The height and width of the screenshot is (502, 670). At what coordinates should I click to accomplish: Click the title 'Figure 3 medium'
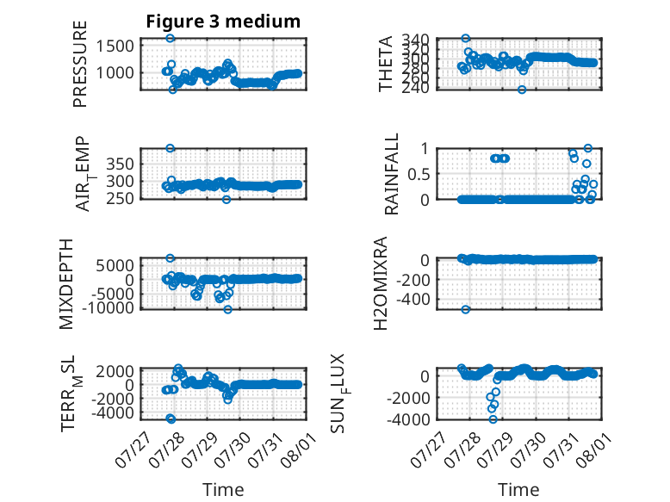pos(223,22)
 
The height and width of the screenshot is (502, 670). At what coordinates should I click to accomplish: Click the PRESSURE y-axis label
pos(80,64)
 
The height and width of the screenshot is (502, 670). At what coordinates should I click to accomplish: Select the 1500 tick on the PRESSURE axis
pos(115,46)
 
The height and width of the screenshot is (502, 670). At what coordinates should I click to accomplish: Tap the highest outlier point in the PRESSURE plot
pos(170,38)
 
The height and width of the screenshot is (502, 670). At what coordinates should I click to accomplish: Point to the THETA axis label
pos(386,64)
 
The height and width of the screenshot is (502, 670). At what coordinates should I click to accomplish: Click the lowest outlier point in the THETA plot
pos(522,90)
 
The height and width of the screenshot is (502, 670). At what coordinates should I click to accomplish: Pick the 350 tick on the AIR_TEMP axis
pos(120,164)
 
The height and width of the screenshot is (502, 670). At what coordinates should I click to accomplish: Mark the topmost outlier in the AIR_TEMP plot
pos(170,148)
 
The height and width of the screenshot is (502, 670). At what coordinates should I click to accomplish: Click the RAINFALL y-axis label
pos(391,173)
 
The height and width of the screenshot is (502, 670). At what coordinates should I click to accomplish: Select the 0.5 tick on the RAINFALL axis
pos(417,174)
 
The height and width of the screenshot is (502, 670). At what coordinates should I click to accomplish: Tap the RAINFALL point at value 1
pos(588,148)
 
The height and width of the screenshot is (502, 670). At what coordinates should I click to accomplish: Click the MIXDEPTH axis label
pos(66,284)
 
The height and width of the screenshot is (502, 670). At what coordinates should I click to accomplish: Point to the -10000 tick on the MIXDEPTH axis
pos(108,307)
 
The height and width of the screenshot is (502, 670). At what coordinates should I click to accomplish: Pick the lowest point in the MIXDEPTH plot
pos(227,309)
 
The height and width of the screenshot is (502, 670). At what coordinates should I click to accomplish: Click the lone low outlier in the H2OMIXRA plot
pos(466,309)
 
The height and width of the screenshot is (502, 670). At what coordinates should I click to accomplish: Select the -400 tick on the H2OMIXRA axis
pos(413,300)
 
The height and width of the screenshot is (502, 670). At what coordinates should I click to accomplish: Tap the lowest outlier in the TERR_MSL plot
pos(171,418)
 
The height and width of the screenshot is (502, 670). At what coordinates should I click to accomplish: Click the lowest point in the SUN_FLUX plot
pos(493,419)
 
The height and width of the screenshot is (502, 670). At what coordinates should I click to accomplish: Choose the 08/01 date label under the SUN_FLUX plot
pos(592,449)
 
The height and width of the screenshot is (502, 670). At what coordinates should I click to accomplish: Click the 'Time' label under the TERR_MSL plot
pos(223,489)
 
